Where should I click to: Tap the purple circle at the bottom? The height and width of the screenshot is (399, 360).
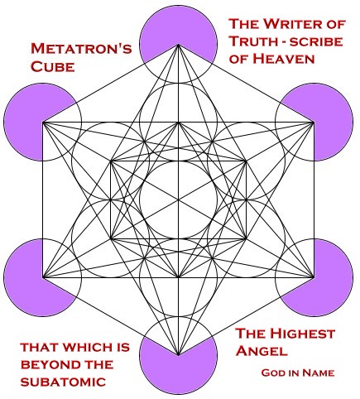(178, 360)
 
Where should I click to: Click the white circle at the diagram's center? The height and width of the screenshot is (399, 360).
(178, 199)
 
